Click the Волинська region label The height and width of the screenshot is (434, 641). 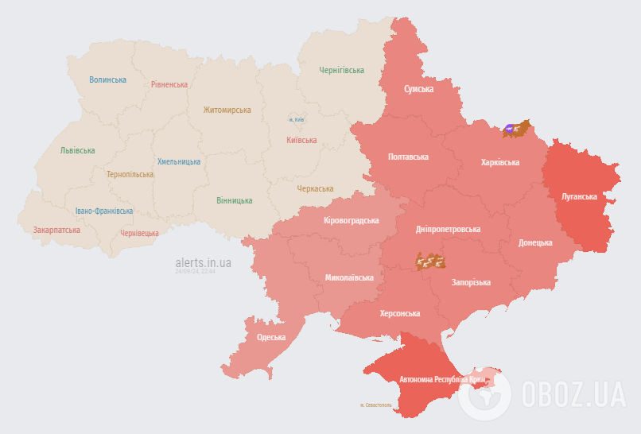(107, 79)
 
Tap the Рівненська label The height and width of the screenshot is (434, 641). (169, 84)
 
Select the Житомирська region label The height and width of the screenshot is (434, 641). (227, 110)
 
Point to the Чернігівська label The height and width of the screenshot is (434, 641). (342, 71)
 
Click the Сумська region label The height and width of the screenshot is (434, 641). (418, 90)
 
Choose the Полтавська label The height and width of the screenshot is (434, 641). (408, 157)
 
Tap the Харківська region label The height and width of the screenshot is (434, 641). (500, 162)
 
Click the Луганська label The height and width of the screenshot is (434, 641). (579, 196)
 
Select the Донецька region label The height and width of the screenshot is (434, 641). (535, 242)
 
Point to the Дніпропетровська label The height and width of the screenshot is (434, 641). (449, 229)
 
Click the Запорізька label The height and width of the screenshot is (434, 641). (471, 282)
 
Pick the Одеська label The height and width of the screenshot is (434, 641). (271, 337)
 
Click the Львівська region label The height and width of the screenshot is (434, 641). (77, 150)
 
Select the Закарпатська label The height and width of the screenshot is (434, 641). (56, 230)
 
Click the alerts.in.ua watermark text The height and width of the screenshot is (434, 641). (204, 262)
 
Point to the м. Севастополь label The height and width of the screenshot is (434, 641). (376, 405)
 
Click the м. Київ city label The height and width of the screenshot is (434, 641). (297, 120)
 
